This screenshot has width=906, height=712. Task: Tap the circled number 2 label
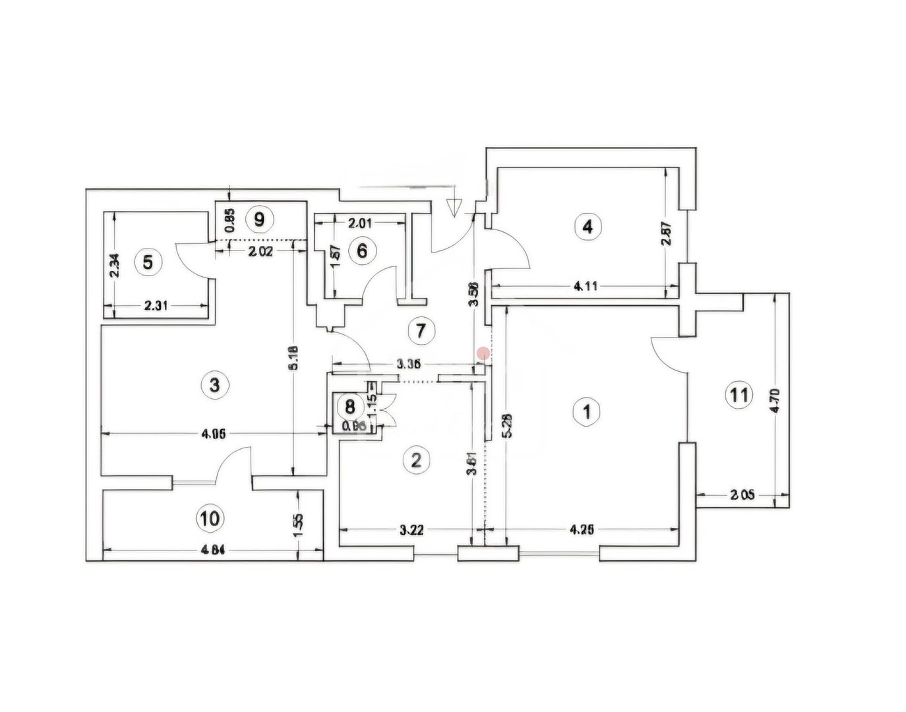(x=415, y=460)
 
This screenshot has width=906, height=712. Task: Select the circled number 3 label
(x=214, y=384)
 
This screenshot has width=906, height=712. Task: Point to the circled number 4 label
(x=587, y=227)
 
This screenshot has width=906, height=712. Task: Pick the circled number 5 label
(x=148, y=262)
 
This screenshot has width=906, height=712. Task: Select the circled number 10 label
(x=209, y=518)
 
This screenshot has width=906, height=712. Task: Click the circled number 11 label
(x=739, y=395)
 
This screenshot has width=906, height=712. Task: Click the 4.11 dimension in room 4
(x=586, y=286)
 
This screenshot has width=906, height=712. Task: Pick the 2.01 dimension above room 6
(x=360, y=223)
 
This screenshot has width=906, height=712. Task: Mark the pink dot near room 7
(x=483, y=353)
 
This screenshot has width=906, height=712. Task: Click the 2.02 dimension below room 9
(x=262, y=250)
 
